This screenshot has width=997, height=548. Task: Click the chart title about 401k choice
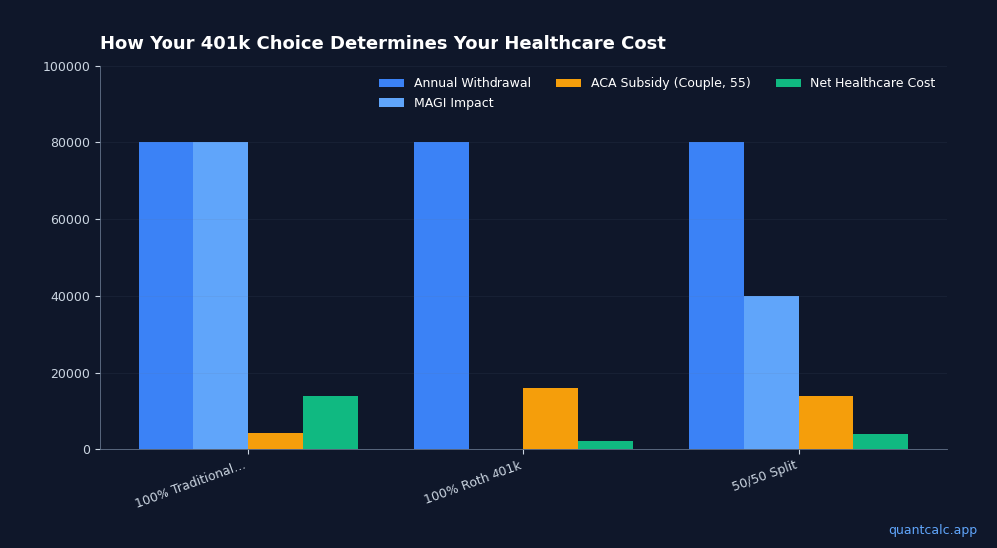(382, 44)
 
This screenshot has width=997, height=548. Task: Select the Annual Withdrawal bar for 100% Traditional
(166, 296)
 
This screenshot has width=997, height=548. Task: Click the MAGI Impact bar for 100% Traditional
(220, 296)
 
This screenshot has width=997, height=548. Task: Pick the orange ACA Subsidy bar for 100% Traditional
(275, 441)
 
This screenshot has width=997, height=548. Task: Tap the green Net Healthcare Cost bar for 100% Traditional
(330, 422)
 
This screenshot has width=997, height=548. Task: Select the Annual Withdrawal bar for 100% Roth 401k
(441, 296)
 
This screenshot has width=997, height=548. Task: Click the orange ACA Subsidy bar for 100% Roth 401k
(550, 418)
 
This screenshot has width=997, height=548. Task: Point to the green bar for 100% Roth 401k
(605, 445)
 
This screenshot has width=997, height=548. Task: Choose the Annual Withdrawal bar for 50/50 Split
(716, 296)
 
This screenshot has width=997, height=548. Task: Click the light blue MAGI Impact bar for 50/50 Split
(771, 373)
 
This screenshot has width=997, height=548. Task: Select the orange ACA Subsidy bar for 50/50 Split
(826, 422)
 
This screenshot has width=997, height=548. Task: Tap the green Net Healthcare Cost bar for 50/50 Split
(880, 442)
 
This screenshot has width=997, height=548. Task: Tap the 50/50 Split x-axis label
(765, 476)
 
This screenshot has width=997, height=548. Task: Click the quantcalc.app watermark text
(932, 530)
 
